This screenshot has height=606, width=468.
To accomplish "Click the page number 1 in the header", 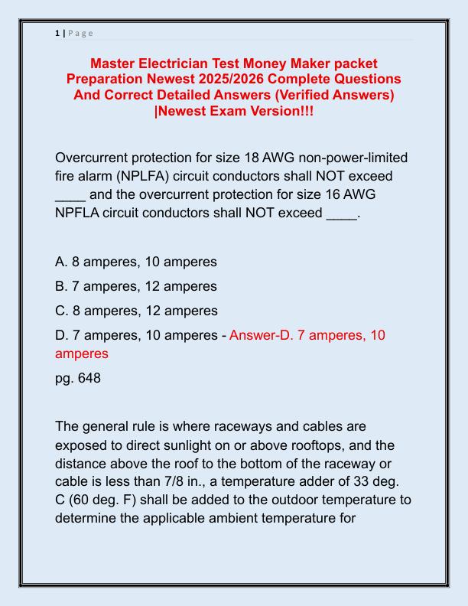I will tap(57, 33).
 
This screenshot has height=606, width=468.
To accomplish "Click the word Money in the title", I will tap(280, 63).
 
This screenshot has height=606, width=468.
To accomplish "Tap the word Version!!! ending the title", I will tap(281, 111).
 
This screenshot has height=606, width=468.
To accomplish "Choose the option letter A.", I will tap(61, 262).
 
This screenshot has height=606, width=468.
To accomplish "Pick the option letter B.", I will tap(61, 286).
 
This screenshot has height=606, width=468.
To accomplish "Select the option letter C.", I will tap(61, 311).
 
